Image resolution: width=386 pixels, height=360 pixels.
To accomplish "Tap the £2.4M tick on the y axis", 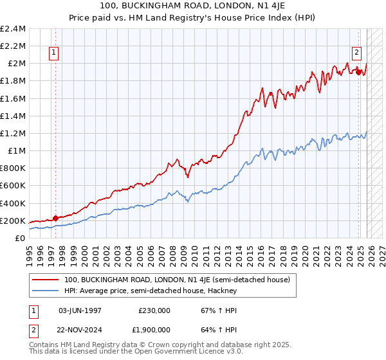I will click(13, 29).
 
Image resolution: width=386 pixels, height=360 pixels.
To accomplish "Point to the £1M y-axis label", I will click(17, 150).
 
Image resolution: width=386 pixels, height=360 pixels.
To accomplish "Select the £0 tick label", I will click(21, 238).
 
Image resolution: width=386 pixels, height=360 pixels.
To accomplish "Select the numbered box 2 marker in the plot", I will click(356, 53).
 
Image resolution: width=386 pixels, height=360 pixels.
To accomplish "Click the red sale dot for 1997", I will click(56, 218).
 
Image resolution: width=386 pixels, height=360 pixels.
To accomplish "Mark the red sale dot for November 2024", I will click(358, 72).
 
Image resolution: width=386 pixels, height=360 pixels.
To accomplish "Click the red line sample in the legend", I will click(46, 280).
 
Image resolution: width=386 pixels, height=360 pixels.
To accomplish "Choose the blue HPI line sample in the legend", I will click(46, 291).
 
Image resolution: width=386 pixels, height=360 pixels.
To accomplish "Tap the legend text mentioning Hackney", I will click(151, 291).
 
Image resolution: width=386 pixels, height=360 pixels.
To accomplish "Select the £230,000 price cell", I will click(154, 309).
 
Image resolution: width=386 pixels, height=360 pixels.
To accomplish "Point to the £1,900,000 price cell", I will click(151, 331).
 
